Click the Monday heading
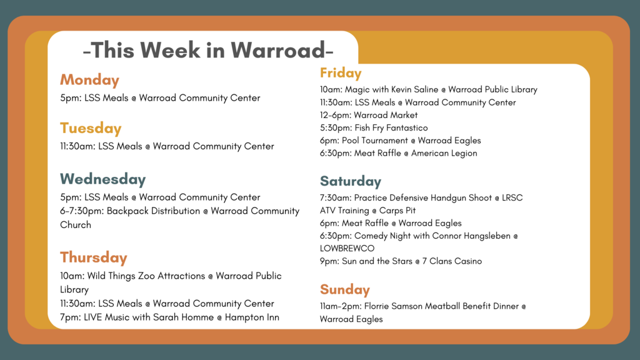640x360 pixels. [89, 80]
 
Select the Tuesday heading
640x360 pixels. [91, 128]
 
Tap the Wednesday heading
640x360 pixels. [103, 179]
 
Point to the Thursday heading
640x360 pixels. [94, 257]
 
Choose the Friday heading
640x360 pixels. [341, 73]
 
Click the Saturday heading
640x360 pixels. [351, 181]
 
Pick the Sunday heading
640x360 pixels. [345, 289]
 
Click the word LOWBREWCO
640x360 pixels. [347, 249]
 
